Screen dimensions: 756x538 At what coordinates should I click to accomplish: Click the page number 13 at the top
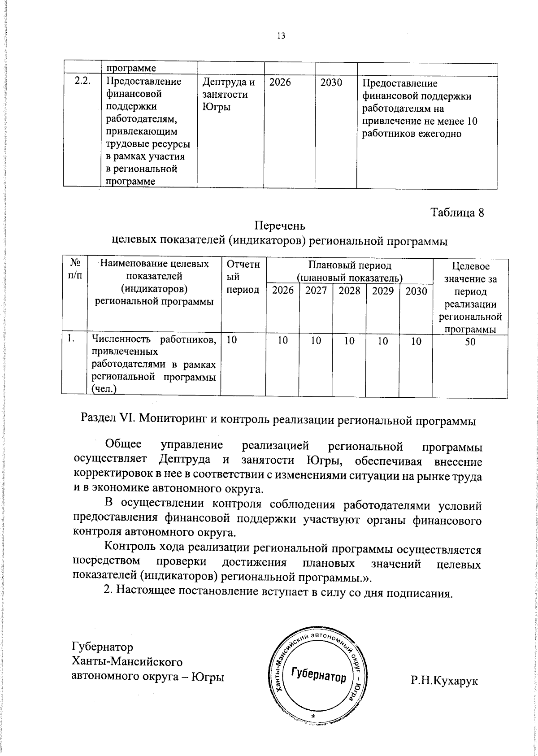click(281, 36)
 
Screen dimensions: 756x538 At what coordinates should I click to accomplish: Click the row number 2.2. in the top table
click(82, 82)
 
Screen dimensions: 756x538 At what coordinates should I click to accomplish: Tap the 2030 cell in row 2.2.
click(331, 83)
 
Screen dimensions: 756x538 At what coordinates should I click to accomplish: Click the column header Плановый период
click(350, 265)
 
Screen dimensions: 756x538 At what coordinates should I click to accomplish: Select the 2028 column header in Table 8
click(349, 291)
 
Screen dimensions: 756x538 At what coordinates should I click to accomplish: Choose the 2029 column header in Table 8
click(382, 291)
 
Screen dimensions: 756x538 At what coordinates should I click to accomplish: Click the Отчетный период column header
click(243, 277)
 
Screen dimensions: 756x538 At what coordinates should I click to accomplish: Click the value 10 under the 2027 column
click(316, 341)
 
